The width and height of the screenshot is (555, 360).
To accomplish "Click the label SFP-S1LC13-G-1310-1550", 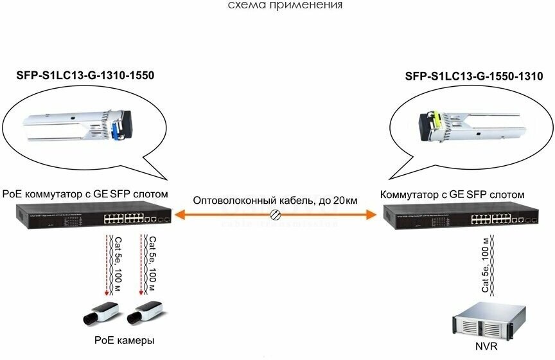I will pyautogui.click(x=85, y=75).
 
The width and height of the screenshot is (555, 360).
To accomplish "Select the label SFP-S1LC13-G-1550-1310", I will pyautogui.click(x=474, y=76).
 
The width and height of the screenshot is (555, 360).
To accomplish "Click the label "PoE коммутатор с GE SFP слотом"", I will pyautogui.click(x=85, y=194).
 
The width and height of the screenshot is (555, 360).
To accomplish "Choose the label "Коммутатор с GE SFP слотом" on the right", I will pyautogui.click(x=452, y=194).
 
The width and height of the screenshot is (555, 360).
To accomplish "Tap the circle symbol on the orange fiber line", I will pyautogui.click(x=276, y=215).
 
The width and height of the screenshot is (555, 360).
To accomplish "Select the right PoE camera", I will pyautogui.click(x=145, y=314).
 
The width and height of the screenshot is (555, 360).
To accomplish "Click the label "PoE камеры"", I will pyautogui.click(x=124, y=339).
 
